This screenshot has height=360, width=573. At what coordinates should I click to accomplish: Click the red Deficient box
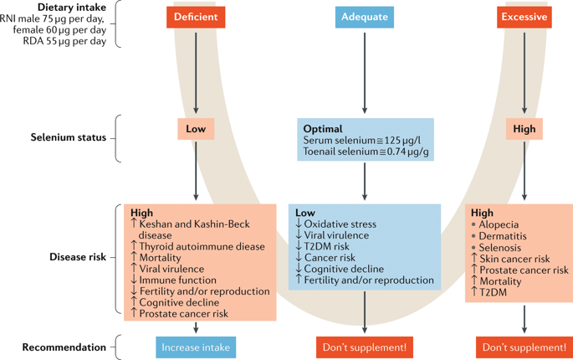point(196,17)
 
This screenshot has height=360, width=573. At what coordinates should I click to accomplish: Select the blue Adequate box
point(365,17)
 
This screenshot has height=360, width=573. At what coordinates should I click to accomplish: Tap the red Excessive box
point(524,17)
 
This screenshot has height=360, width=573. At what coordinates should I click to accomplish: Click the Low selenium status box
point(196,129)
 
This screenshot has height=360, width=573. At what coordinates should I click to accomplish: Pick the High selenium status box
point(524,129)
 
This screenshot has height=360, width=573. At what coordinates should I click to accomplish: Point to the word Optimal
point(323,129)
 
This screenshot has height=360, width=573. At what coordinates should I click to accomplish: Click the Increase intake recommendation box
point(196,347)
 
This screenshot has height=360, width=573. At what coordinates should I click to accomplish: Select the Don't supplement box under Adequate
point(365,347)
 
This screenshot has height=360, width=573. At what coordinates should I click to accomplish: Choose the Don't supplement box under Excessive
point(524,347)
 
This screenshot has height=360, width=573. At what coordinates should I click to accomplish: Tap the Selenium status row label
point(69,137)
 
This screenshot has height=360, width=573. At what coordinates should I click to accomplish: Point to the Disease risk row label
point(78,257)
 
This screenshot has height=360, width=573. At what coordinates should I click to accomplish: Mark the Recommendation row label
point(64,347)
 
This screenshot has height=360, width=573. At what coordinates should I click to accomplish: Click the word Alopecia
point(499,224)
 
